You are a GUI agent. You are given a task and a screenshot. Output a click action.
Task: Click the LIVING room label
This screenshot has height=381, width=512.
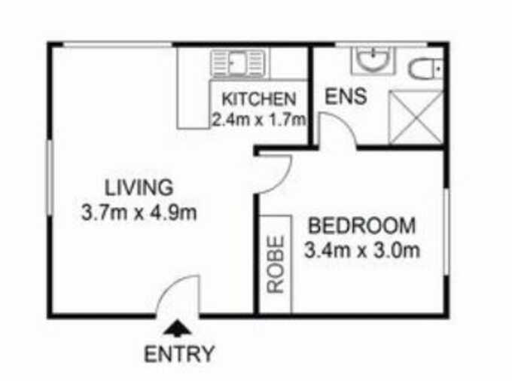(x=139, y=187)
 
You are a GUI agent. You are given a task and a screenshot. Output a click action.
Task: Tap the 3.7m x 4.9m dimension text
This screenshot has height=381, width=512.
(x=139, y=212)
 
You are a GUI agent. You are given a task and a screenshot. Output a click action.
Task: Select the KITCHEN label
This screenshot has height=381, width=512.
(x=259, y=99)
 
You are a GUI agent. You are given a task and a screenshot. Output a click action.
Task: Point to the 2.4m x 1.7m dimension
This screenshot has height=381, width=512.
(x=259, y=120)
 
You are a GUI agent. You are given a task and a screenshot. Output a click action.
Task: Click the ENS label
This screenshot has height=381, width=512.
(x=346, y=96)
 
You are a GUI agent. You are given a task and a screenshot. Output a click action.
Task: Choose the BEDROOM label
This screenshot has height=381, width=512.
(x=362, y=226)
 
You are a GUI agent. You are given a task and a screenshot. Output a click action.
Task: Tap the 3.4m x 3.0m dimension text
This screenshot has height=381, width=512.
(x=362, y=251)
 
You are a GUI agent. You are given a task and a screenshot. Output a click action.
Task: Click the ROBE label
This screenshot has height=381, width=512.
(x=276, y=264)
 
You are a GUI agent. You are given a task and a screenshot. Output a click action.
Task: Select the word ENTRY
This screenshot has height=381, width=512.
(x=179, y=354)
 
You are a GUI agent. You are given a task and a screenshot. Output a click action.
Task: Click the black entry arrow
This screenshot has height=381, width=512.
(x=177, y=328)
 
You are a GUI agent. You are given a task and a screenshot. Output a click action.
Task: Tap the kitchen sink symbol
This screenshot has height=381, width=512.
(x=238, y=63)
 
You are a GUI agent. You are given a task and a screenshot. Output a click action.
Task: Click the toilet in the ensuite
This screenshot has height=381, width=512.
(x=425, y=69)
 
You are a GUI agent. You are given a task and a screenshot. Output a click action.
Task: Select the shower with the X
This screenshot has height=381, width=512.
(x=416, y=117)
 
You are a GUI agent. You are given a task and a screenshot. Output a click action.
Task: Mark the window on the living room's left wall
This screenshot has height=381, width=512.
(x=50, y=177)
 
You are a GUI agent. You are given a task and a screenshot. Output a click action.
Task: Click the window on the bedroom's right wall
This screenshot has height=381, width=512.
(x=446, y=231)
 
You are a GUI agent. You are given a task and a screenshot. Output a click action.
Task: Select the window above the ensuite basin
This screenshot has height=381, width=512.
(x=382, y=44)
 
